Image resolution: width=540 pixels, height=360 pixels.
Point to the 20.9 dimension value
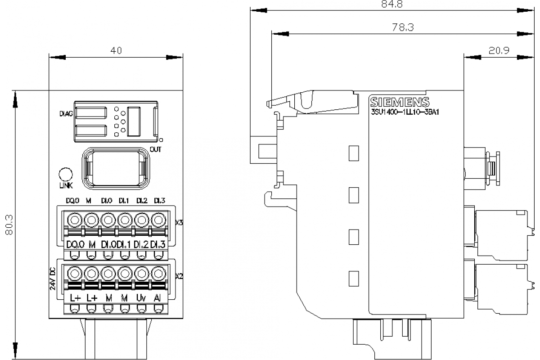[x=499, y=50]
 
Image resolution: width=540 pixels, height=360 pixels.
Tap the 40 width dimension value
[x=116, y=51]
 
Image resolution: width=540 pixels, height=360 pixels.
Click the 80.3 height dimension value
[x=7, y=225]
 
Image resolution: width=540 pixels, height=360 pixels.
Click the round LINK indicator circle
[x=66, y=175]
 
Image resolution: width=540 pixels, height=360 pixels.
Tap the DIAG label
[x=66, y=114]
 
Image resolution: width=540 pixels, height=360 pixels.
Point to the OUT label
[x=156, y=149]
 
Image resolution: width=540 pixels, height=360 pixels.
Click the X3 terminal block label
[x=179, y=222]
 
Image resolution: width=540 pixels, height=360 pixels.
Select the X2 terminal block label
[x=179, y=276]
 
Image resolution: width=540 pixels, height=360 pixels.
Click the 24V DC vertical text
[x=52, y=280]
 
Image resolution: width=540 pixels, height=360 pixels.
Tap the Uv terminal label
[x=141, y=297]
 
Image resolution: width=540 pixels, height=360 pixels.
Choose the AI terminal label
[x=157, y=297]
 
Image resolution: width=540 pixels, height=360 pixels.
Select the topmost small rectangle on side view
[x=354, y=153]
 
